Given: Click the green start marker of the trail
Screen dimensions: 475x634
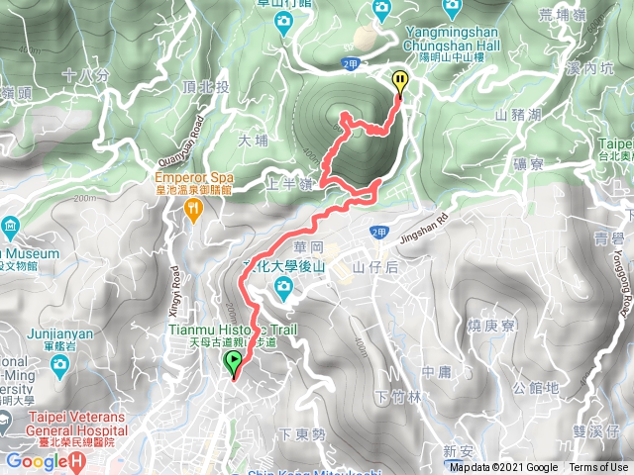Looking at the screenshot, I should point(234,363).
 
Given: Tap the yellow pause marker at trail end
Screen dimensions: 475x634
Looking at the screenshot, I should point(400,81).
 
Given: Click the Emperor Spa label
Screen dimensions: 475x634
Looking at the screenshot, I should point(192,178).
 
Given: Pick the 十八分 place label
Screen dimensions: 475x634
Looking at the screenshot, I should point(81,74).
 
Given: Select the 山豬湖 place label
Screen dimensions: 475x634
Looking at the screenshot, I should point(515,116).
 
